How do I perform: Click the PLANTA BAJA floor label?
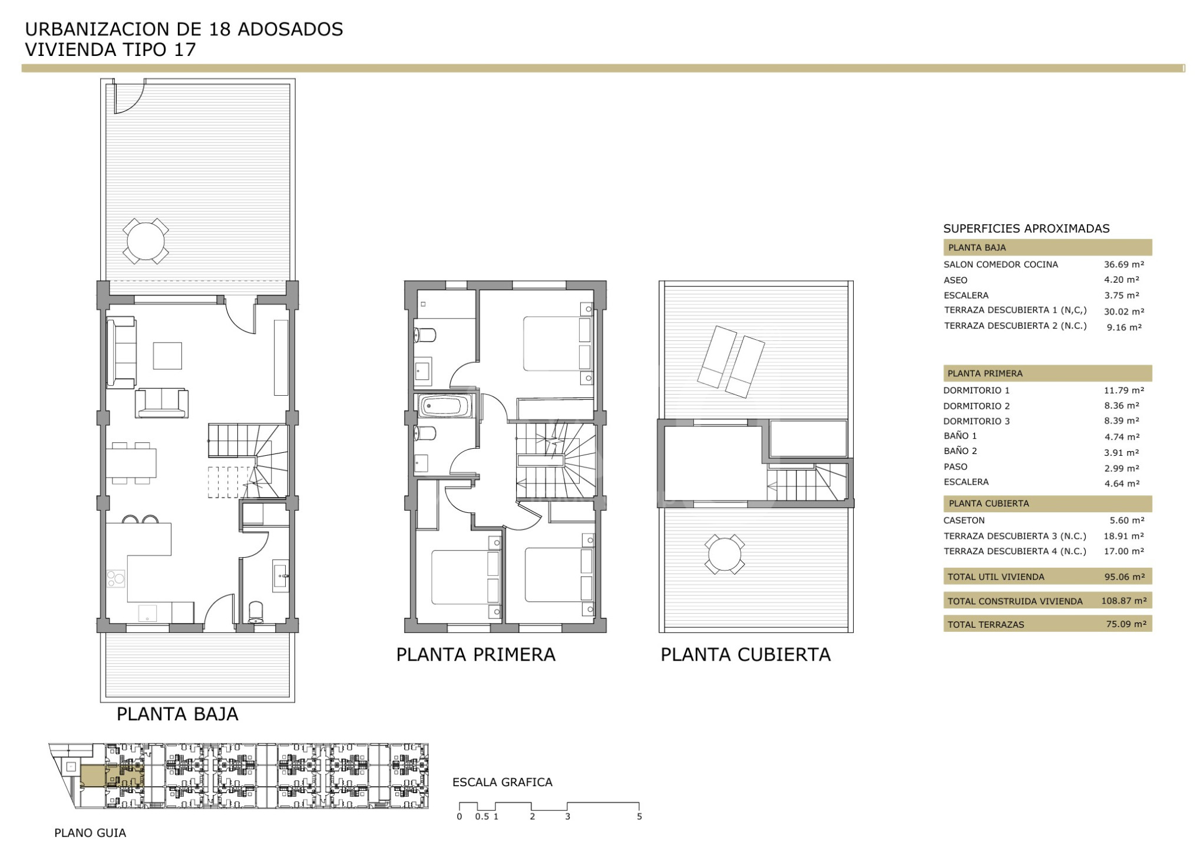click(177, 714)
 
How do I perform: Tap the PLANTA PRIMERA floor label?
click(476, 654)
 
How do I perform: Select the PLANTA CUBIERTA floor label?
click(745, 654)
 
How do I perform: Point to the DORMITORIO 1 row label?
click(976, 390)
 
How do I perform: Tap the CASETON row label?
click(964, 521)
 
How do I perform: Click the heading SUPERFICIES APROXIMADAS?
click(1026, 228)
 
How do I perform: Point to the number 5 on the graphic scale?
click(639, 817)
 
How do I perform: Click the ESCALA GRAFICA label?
click(503, 782)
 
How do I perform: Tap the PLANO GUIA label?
click(90, 833)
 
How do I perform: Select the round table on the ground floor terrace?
click(146, 241)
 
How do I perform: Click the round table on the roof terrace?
click(725, 554)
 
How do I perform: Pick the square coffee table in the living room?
click(167, 356)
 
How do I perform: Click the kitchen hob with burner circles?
click(116, 578)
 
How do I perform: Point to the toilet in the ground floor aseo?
click(256, 612)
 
